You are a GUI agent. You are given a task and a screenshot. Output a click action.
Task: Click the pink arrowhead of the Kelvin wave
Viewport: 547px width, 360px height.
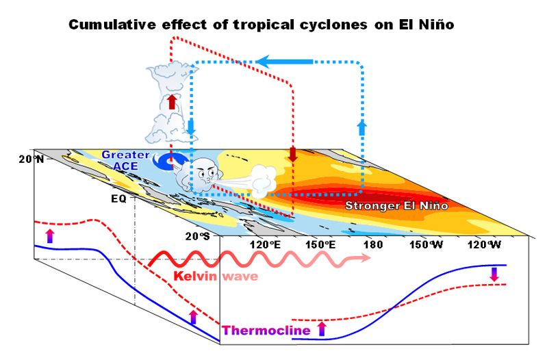[364, 260]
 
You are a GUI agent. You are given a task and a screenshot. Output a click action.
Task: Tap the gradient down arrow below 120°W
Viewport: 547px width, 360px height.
[494, 274]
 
